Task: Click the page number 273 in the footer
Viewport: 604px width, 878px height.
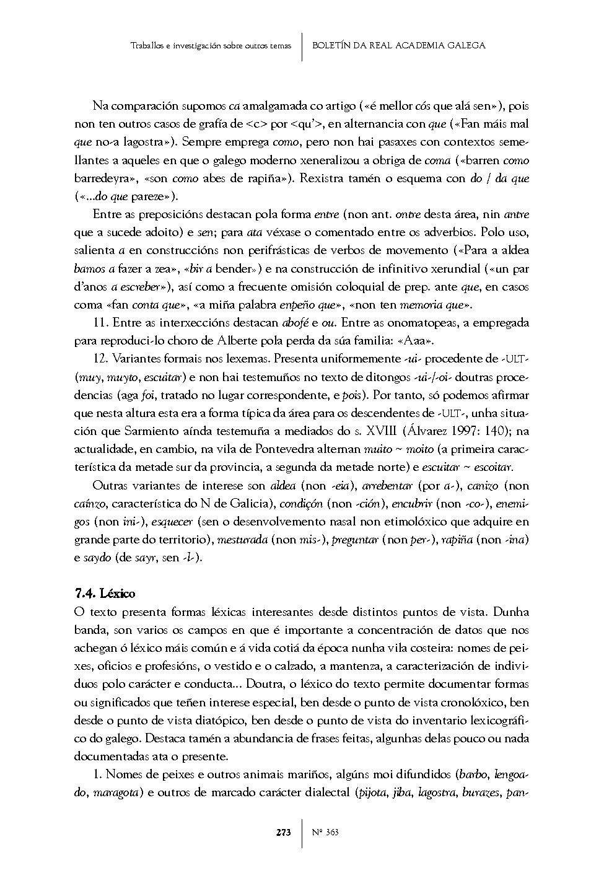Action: point(284,832)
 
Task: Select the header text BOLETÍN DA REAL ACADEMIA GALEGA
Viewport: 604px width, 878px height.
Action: point(398,45)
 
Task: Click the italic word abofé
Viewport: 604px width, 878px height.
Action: point(295,323)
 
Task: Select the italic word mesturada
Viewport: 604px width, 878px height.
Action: point(242,540)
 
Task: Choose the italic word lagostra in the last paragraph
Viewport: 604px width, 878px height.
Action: point(436,792)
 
